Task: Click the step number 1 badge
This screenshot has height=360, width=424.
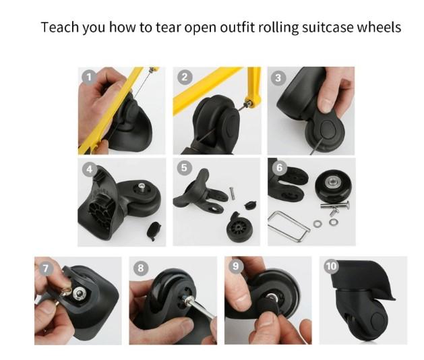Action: (x=89, y=78)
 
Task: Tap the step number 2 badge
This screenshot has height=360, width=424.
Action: (x=185, y=78)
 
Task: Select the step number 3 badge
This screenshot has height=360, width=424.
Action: (x=278, y=78)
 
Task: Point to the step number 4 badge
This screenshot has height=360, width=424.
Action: (x=90, y=169)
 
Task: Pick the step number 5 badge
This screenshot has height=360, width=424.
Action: (x=184, y=168)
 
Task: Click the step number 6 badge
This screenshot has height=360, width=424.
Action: (x=279, y=168)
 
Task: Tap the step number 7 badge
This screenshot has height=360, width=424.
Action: (x=45, y=268)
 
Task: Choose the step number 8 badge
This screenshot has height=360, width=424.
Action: (x=141, y=268)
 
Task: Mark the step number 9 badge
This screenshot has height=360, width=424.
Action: (x=236, y=266)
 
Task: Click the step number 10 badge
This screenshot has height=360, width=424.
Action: (x=331, y=266)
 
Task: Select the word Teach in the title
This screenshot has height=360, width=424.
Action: (x=60, y=28)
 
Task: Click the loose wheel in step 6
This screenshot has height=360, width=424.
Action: (x=334, y=186)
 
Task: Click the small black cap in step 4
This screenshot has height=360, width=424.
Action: (x=154, y=231)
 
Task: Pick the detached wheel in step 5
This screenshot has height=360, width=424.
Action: (x=237, y=227)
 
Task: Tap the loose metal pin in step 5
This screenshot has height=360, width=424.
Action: (x=233, y=193)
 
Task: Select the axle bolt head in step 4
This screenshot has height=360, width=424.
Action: (x=142, y=186)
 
